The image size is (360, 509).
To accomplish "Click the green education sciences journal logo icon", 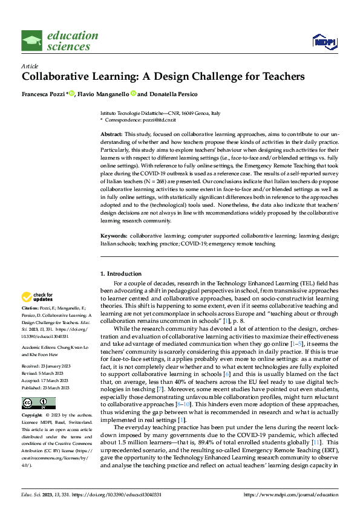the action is click(33, 41).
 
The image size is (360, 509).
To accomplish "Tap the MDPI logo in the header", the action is click(323, 41).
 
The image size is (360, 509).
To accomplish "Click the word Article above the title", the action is click(30, 66).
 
